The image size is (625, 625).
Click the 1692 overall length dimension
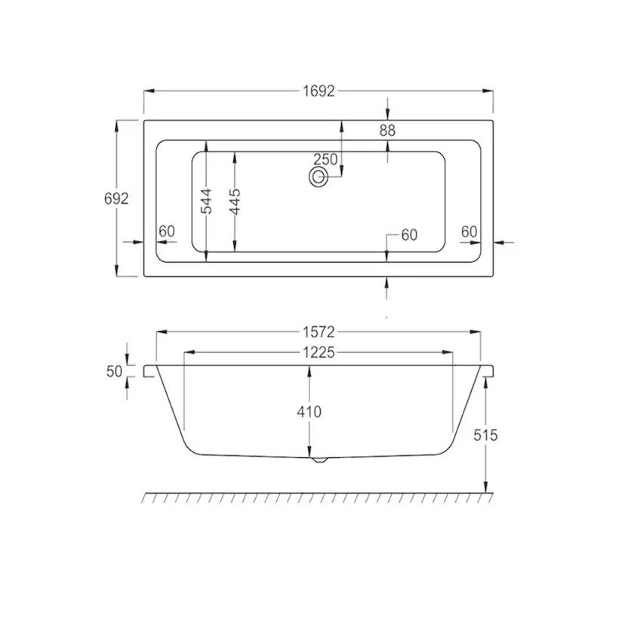(319, 91)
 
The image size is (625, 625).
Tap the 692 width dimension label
(116, 199)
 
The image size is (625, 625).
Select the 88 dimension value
(387, 131)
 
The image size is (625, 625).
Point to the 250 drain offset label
(325, 159)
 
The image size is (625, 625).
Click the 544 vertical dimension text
(207, 202)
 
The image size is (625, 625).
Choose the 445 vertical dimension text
(236, 202)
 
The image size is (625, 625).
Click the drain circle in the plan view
(318, 177)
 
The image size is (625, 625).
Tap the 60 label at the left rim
(167, 231)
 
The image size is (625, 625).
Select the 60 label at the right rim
(470, 232)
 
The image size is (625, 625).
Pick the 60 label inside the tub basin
(409, 236)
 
